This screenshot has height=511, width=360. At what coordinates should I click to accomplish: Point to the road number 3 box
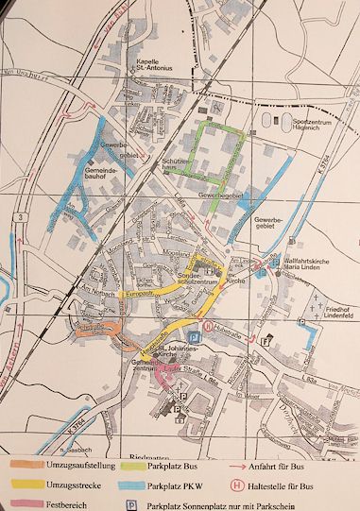tap(18, 217)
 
